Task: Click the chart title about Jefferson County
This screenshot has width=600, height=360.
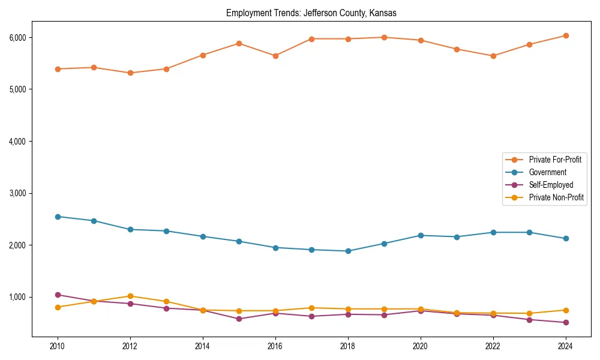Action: [311, 13]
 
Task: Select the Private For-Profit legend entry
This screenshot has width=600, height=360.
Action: [555, 160]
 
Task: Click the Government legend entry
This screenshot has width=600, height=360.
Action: [547, 172]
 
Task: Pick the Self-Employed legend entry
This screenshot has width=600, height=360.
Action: [551, 185]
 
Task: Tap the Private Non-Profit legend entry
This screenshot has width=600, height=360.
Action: [556, 197]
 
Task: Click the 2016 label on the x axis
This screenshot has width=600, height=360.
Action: [275, 346]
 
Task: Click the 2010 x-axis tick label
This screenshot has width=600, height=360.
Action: [58, 346]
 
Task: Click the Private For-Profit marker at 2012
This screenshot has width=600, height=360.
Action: [130, 73]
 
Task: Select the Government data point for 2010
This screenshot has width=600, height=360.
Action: [58, 217]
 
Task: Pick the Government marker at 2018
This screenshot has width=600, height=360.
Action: [348, 251]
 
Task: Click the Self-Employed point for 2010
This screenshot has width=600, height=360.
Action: [58, 295]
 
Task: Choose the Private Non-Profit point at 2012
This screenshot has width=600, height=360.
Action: [130, 296]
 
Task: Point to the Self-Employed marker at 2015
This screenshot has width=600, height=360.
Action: [239, 319]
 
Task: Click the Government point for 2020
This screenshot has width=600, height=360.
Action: [421, 235]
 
